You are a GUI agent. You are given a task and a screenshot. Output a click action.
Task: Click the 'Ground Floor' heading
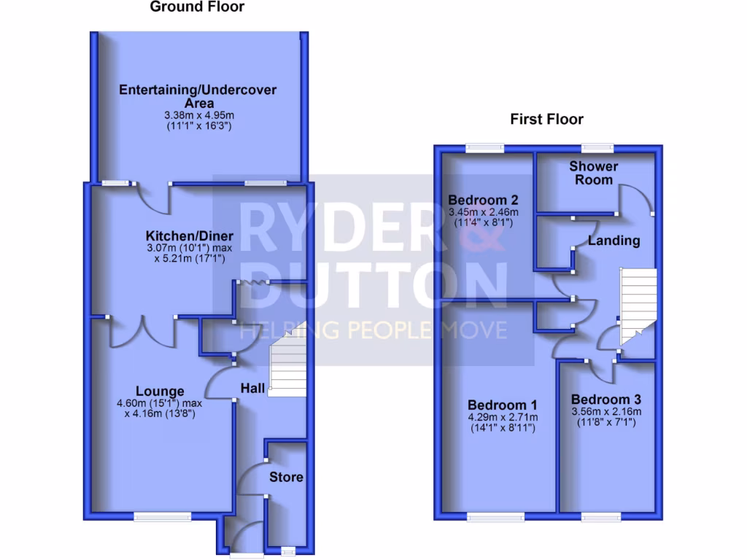(197, 7)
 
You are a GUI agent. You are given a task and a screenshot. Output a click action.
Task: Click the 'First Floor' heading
(547, 119)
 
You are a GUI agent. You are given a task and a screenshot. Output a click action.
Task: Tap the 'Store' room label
(286, 478)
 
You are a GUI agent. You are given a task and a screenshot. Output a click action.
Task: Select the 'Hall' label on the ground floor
(253, 390)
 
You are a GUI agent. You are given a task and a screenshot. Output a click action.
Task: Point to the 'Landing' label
(614, 241)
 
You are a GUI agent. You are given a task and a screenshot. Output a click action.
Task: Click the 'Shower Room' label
(593, 173)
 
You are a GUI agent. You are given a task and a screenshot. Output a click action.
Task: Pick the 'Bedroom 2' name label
(483, 200)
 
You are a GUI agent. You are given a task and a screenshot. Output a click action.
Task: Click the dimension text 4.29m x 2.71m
(503, 417)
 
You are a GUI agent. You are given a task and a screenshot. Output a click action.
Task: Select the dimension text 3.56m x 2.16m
(606, 412)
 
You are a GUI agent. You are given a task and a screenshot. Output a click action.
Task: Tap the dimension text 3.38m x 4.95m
(198, 116)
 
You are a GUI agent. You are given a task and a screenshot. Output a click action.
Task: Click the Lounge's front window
(162, 516)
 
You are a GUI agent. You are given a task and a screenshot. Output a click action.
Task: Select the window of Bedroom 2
(486, 148)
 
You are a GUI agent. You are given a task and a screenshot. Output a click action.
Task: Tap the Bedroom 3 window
(601, 517)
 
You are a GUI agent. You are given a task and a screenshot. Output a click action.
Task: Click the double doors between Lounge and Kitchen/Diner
(142, 332)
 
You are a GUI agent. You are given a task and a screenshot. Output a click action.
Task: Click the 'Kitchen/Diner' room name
(190, 236)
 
